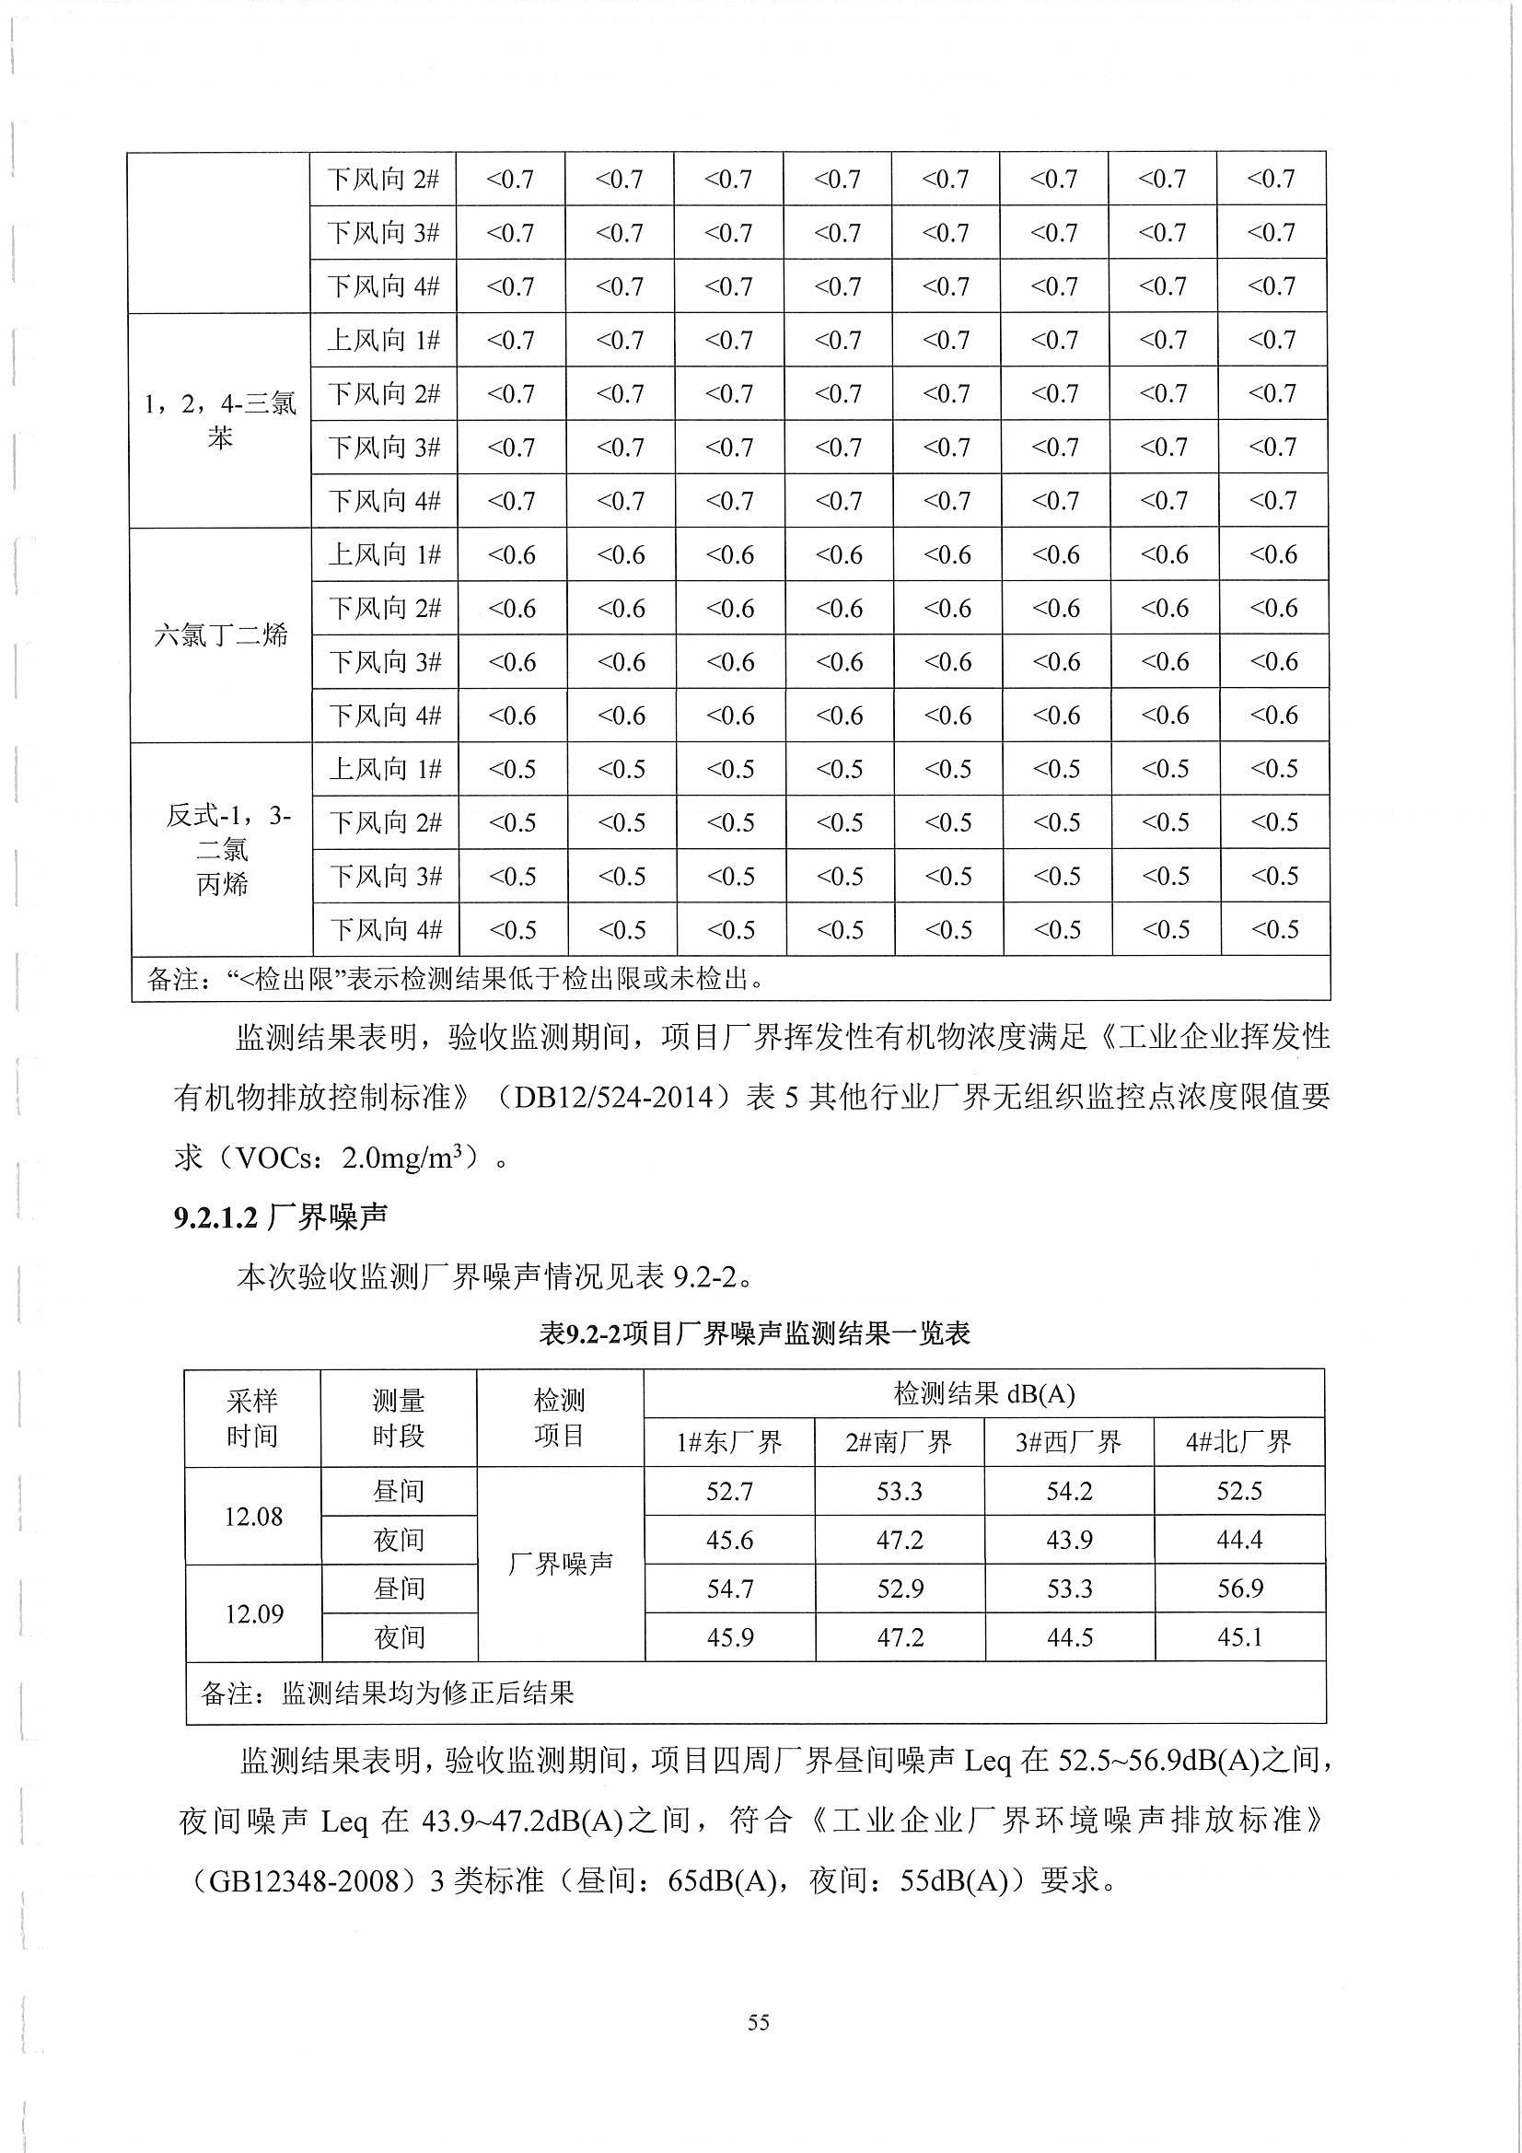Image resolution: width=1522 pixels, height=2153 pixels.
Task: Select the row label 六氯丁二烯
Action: pos(220,635)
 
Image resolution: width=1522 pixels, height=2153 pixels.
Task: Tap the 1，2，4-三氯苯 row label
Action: pos(220,420)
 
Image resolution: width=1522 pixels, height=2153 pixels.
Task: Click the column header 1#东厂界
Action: pos(728,1441)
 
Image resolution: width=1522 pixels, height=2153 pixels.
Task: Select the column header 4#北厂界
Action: pos(1238,1441)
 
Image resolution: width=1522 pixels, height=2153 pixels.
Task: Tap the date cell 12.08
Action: pos(253,1516)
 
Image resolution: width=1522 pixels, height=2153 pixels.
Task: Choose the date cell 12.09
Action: pos(253,1612)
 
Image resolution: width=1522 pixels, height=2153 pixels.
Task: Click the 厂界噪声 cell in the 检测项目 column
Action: pos(560,1563)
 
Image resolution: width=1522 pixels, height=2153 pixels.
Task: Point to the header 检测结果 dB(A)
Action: pos(983,1393)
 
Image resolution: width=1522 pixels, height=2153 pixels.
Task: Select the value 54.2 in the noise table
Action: pos(1069,1491)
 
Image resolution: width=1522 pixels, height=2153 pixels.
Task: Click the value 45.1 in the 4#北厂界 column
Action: pos(1238,1637)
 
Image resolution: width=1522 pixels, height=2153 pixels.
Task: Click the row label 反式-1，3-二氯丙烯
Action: pos(221,849)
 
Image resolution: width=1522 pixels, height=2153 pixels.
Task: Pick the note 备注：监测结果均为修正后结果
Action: pos(387,1693)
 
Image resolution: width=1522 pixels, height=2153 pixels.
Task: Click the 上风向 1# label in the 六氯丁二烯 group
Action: pos(385,555)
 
